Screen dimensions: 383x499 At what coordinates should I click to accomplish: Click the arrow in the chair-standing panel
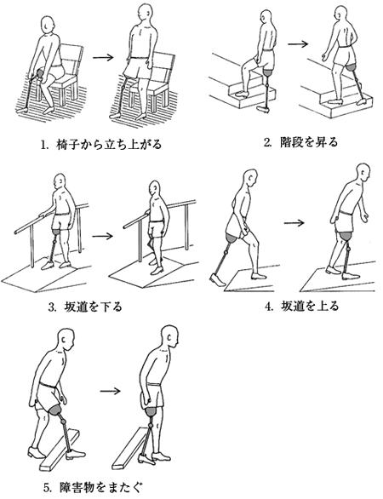103,57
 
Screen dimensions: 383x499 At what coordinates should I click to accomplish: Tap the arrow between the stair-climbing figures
298,43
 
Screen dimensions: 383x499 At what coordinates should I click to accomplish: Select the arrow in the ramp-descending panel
102,236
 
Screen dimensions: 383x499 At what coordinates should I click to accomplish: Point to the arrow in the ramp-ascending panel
294,223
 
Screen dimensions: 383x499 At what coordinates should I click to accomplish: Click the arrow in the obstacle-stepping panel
111,391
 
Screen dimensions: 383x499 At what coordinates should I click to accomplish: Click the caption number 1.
43,145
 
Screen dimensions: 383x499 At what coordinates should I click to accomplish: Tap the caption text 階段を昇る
309,142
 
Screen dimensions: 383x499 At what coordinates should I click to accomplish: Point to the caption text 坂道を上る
310,307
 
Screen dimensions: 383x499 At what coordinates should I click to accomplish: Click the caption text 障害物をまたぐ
100,487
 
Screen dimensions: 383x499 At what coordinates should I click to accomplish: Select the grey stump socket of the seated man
40,73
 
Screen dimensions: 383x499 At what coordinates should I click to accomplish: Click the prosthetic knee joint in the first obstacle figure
63,421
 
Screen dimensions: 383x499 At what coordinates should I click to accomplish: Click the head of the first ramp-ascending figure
249,179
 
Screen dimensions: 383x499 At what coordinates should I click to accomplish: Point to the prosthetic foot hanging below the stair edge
263,110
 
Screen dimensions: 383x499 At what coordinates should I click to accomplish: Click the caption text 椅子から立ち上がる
109,145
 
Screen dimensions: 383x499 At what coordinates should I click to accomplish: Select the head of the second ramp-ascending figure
363,173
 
